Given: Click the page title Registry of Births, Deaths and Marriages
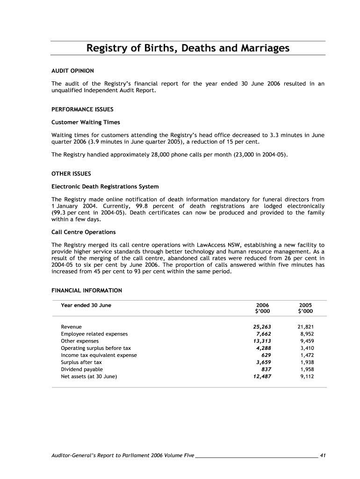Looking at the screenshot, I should [187, 48].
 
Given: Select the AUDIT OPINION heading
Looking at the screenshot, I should [72, 71].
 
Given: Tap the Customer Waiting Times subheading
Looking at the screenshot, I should [86, 122].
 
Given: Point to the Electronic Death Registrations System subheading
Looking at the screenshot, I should [105, 187].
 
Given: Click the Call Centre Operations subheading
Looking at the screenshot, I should [83, 232].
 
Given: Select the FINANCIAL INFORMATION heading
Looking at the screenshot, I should [86, 290].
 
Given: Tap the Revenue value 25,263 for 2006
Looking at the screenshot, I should [262, 327].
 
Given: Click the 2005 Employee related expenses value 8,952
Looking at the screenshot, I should [306, 334].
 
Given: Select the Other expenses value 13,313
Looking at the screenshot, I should [262, 341].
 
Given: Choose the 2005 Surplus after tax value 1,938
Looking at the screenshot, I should [306, 362].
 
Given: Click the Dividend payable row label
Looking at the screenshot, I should [82, 369].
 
